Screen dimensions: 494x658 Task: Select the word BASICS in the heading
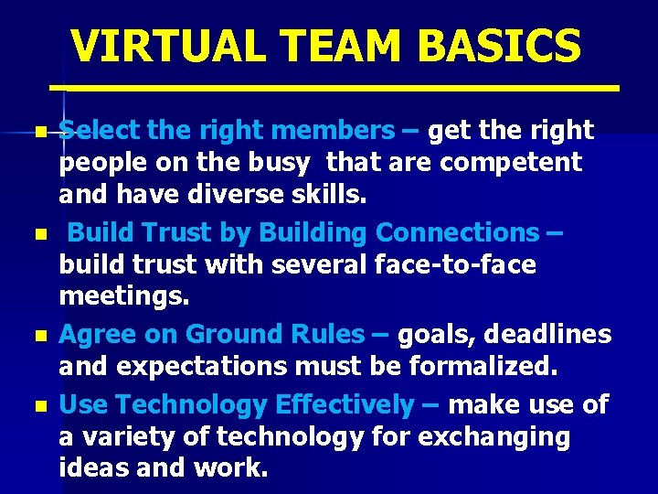tap(493, 46)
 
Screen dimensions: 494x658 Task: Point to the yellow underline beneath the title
tap(334, 88)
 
